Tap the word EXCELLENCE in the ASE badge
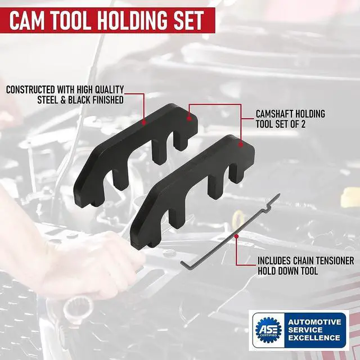(314, 338)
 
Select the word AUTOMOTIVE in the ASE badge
(314, 322)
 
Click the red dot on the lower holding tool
(241, 145)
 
